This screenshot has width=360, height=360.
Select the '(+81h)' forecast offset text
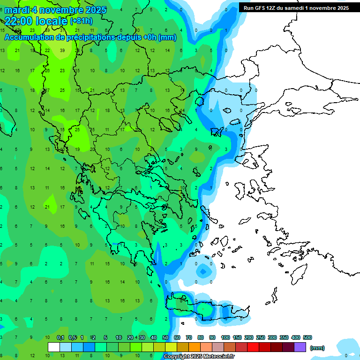click(81, 21)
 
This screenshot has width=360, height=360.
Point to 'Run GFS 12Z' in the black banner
click(261, 8)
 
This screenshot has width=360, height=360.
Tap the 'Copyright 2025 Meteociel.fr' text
click(199, 357)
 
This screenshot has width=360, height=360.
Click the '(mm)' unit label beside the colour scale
click(317, 348)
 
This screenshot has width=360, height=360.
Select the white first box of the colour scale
click(54, 347)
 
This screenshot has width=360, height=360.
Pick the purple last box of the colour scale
click(300, 347)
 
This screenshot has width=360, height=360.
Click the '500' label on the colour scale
click(308, 337)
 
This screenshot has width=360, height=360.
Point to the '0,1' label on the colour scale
click(60, 337)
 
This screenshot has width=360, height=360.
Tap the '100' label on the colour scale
click(225, 337)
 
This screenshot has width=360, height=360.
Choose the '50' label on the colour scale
click(165, 337)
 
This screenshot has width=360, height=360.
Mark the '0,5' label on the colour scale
click(72, 337)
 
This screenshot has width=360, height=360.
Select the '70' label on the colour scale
click(189, 337)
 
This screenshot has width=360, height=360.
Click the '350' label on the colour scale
click(284, 337)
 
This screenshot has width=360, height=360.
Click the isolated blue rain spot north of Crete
click(202, 271)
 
